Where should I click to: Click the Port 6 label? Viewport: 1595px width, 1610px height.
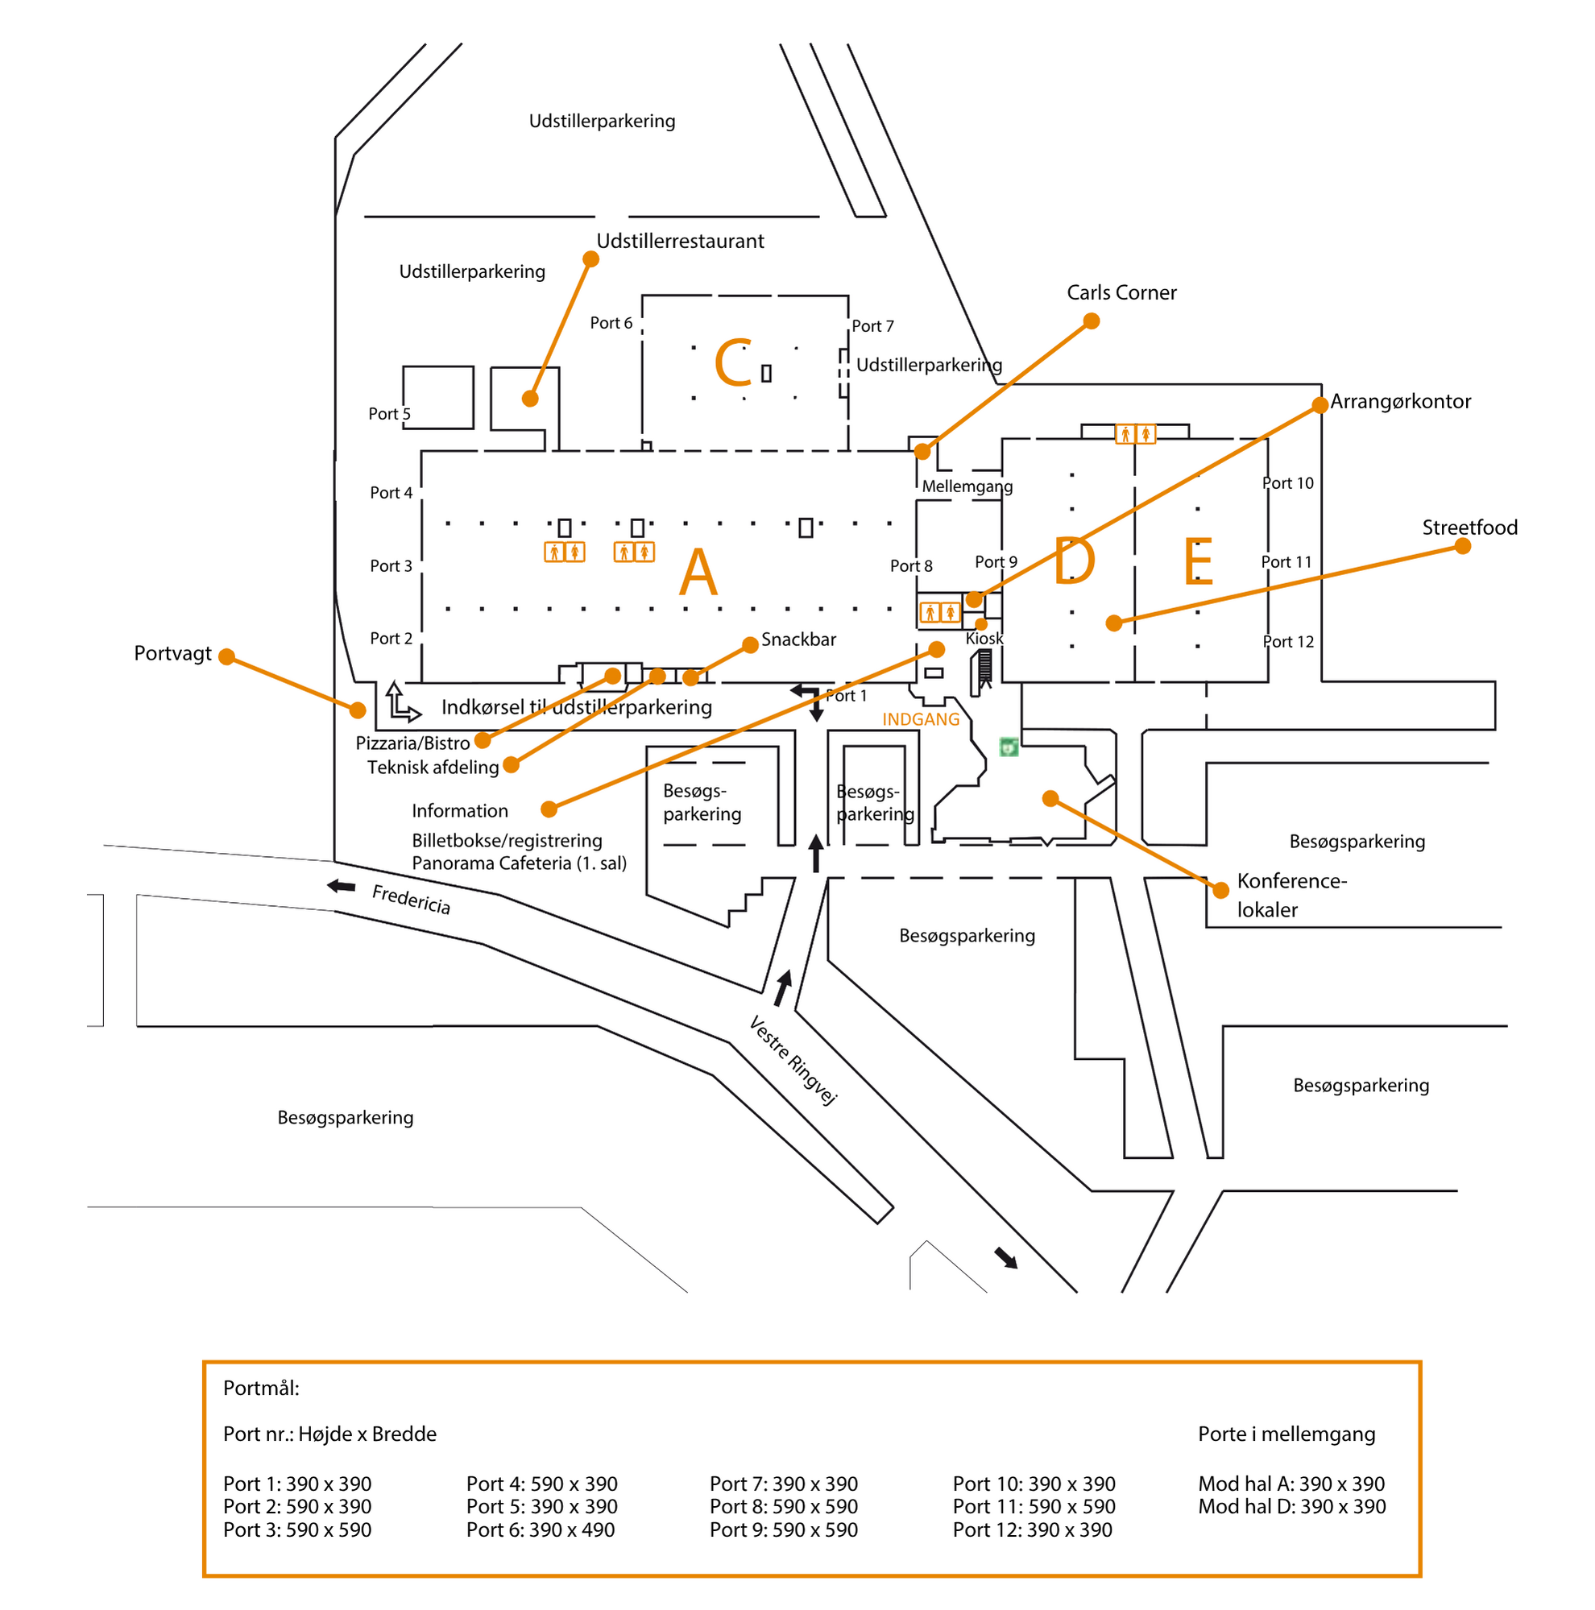611,322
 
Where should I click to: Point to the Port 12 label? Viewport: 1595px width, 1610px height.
1287,641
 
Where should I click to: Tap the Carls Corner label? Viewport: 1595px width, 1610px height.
1121,292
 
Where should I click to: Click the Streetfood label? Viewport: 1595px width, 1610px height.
1469,527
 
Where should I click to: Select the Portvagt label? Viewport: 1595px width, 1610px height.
172,653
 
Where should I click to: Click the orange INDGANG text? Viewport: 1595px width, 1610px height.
920,718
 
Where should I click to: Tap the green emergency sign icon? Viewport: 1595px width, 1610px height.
1009,747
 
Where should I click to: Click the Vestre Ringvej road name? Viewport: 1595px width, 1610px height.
792,1060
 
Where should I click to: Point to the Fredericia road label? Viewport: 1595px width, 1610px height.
411,899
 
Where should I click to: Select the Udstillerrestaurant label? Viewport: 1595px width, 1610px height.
680,241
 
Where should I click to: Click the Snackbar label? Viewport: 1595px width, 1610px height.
797,639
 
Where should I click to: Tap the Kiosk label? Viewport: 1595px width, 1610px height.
984,639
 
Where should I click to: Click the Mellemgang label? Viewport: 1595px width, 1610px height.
967,486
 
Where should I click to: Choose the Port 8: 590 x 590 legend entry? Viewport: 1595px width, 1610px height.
783,1507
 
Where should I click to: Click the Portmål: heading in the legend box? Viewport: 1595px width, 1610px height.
261,1389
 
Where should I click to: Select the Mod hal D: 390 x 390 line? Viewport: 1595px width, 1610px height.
1290,1507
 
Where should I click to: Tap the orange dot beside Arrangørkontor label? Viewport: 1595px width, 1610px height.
1319,406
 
